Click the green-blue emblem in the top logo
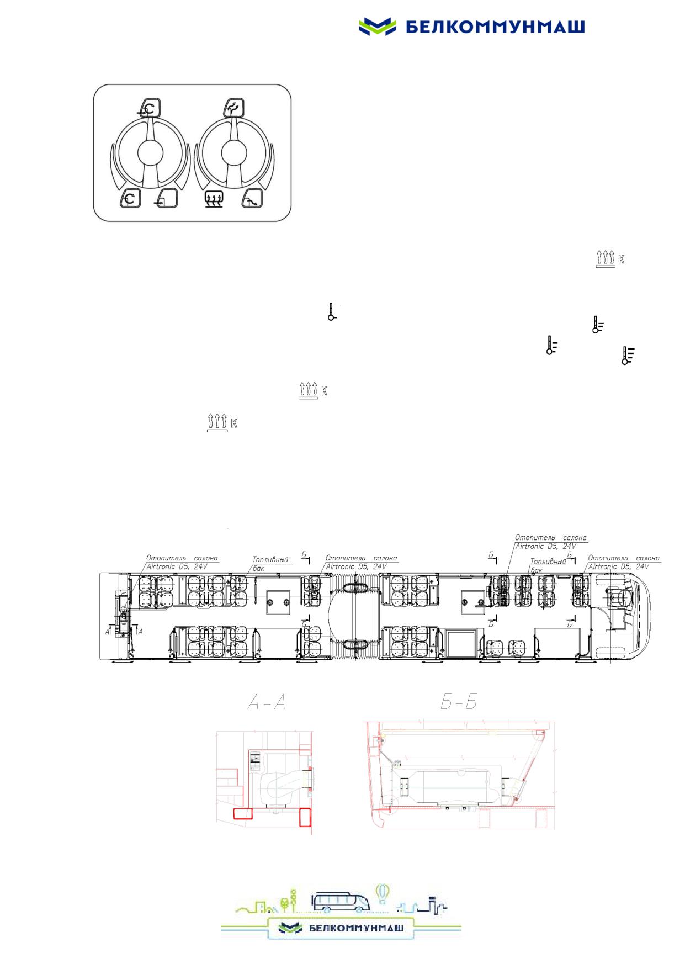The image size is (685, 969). point(378,26)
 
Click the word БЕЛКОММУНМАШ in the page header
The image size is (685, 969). point(495,27)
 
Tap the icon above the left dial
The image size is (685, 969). point(149,107)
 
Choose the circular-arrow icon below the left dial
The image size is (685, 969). point(131,199)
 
